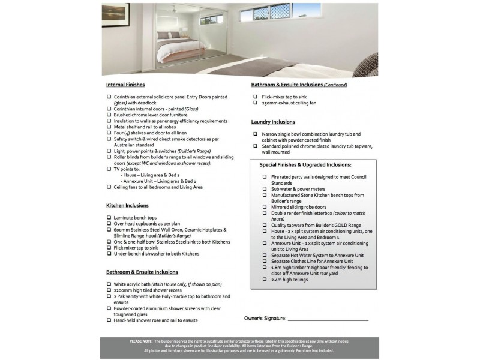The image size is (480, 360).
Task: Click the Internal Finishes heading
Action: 125,85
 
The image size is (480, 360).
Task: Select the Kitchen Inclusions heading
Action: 128,205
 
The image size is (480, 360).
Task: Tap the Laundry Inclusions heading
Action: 273,122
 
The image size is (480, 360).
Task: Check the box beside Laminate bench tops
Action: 109,218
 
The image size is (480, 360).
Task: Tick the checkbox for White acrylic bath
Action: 109,284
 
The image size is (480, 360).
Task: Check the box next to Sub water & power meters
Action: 265,189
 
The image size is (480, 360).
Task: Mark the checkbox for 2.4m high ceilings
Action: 265,280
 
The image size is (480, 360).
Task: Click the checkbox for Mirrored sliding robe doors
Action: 265,207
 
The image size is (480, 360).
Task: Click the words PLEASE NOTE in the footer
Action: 141,341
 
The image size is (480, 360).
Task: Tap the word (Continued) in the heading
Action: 335,85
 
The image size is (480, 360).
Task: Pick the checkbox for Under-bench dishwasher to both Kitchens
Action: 109,254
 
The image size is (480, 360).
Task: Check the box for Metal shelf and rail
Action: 109,127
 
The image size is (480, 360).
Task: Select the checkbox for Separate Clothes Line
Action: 265,262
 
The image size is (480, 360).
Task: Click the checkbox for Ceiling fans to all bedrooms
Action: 109,187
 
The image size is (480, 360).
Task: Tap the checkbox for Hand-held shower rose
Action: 109,320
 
